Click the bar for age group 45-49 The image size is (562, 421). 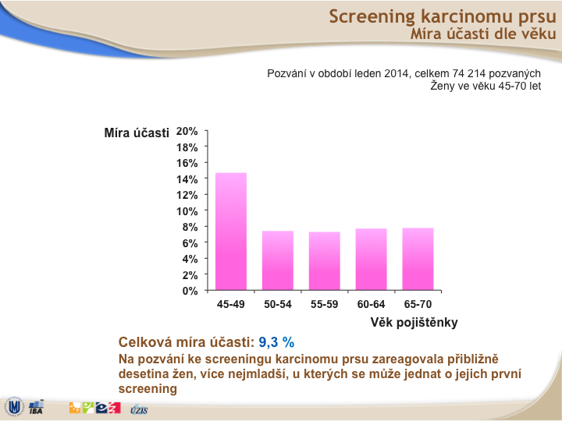click(x=231, y=232)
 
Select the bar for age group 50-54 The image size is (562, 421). click(x=278, y=260)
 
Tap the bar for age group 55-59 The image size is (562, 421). click(x=325, y=261)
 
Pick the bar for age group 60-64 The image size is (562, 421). click(x=372, y=259)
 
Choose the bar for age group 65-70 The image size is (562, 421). click(x=418, y=259)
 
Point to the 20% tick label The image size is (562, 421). click(x=187, y=132)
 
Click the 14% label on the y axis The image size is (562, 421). click(x=187, y=179)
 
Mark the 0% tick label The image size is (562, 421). click(x=190, y=291)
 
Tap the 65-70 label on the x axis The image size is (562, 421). click(x=418, y=304)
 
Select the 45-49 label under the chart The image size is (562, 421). click(x=231, y=304)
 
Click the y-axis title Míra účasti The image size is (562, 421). click(x=137, y=133)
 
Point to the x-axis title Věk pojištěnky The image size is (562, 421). click(x=414, y=323)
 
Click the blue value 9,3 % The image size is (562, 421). click(x=276, y=342)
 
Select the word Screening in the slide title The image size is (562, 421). click(x=372, y=17)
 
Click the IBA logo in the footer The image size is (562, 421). click(x=36, y=407)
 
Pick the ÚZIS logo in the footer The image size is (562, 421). click(x=139, y=409)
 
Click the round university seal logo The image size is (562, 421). click(x=14, y=407)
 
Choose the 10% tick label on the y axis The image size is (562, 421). click(x=187, y=211)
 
